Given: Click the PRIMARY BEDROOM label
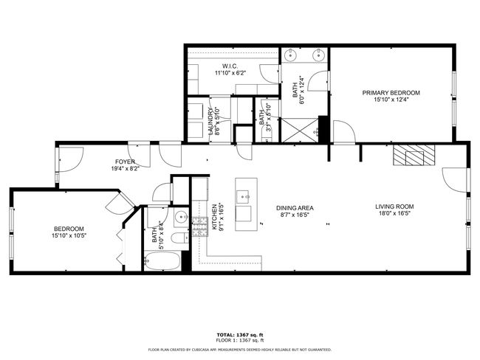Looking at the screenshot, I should point(391,92).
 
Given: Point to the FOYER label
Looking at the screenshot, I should point(124,162).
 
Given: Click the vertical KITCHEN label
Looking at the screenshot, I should point(214,218).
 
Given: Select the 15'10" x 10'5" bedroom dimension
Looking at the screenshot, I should point(69,236).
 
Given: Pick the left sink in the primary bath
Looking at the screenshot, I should point(292,55).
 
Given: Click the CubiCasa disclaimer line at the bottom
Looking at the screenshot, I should point(240,350).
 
